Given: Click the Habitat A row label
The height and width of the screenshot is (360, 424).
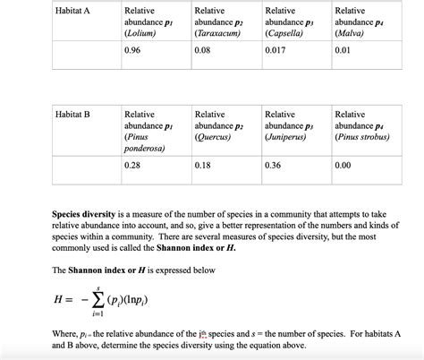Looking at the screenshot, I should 72,11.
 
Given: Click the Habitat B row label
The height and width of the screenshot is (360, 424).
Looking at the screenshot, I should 72,115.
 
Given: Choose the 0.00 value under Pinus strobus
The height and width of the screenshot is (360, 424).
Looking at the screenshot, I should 343,166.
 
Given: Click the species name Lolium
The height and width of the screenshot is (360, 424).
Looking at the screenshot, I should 140,33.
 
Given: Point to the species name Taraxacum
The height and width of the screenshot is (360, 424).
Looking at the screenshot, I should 217,33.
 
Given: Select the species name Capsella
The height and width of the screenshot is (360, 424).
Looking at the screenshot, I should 285,33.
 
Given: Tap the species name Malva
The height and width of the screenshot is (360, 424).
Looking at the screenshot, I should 349,33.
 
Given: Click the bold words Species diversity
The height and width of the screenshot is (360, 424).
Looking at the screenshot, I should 82,216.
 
